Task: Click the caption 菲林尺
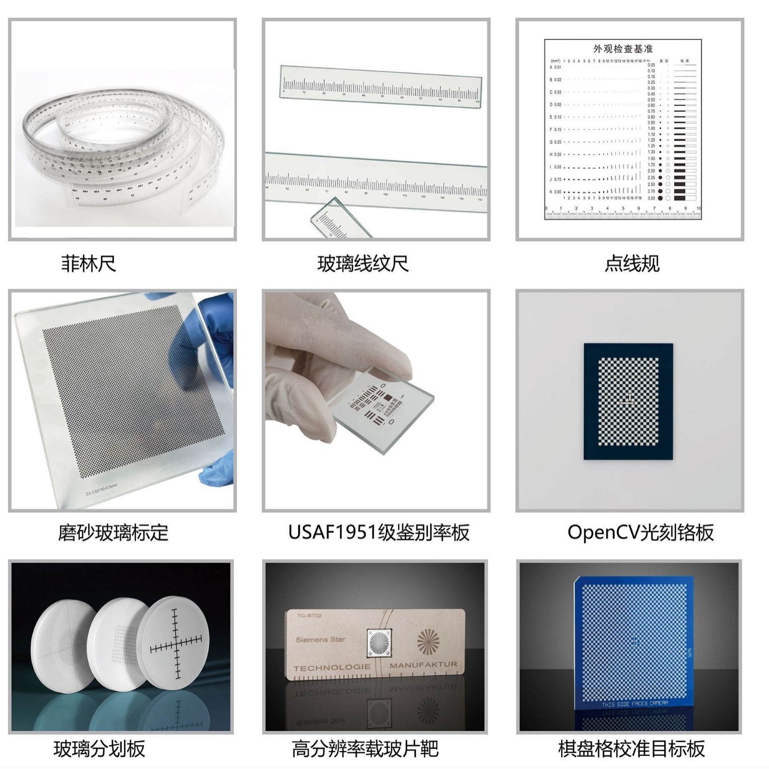coord(89,264)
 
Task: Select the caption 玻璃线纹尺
coord(362,264)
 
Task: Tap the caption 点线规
coord(632,264)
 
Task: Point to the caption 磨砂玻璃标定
coord(113,532)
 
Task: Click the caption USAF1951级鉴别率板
coord(378,532)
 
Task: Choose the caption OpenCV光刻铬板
coord(640,532)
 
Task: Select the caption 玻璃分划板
coord(100,748)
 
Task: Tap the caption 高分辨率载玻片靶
coord(365,748)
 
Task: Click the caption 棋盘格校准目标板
coord(631,748)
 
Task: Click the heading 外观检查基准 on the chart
coord(623,49)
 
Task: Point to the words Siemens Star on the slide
coord(321,640)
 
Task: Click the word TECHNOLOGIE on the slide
coord(332,668)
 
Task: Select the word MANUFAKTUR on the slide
coord(423,665)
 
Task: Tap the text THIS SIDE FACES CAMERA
coord(635,703)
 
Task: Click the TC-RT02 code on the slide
coord(309,616)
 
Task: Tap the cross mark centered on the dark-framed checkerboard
coord(628,402)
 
